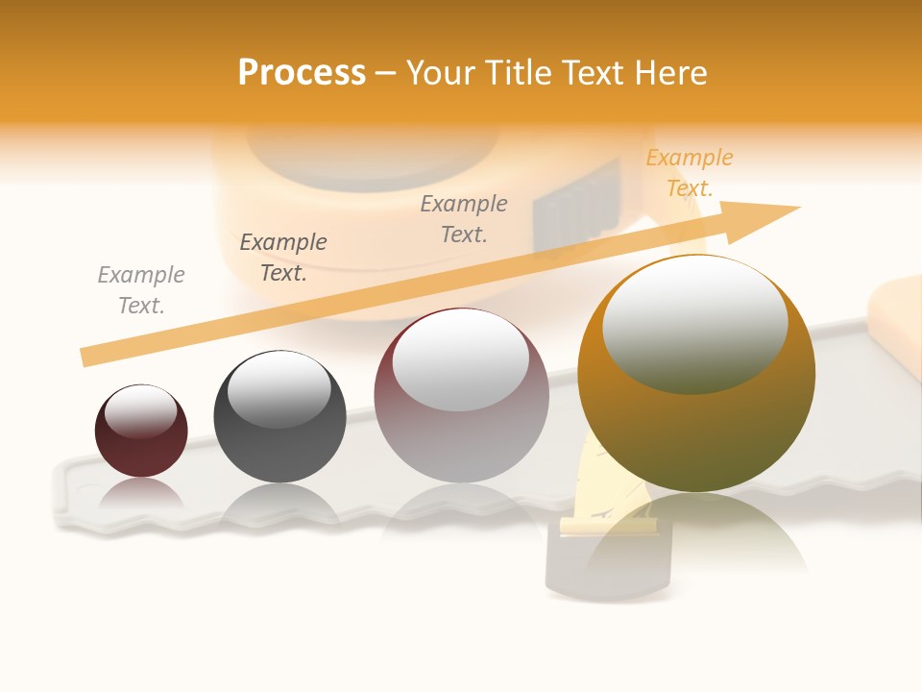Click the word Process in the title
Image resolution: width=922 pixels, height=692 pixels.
click(302, 72)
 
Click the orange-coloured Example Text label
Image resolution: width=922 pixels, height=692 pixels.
click(689, 173)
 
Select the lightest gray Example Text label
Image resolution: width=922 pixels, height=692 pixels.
click(141, 290)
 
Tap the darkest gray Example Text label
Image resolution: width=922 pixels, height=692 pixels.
click(283, 257)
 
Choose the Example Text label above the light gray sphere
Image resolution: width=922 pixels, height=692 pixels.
click(464, 218)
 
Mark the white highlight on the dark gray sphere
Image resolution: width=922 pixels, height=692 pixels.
click(279, 389)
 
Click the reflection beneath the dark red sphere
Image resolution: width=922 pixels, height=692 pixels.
click(141, 493)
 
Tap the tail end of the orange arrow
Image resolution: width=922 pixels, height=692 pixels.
click(91, 357)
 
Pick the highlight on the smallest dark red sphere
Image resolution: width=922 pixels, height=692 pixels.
click(140, 411)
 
